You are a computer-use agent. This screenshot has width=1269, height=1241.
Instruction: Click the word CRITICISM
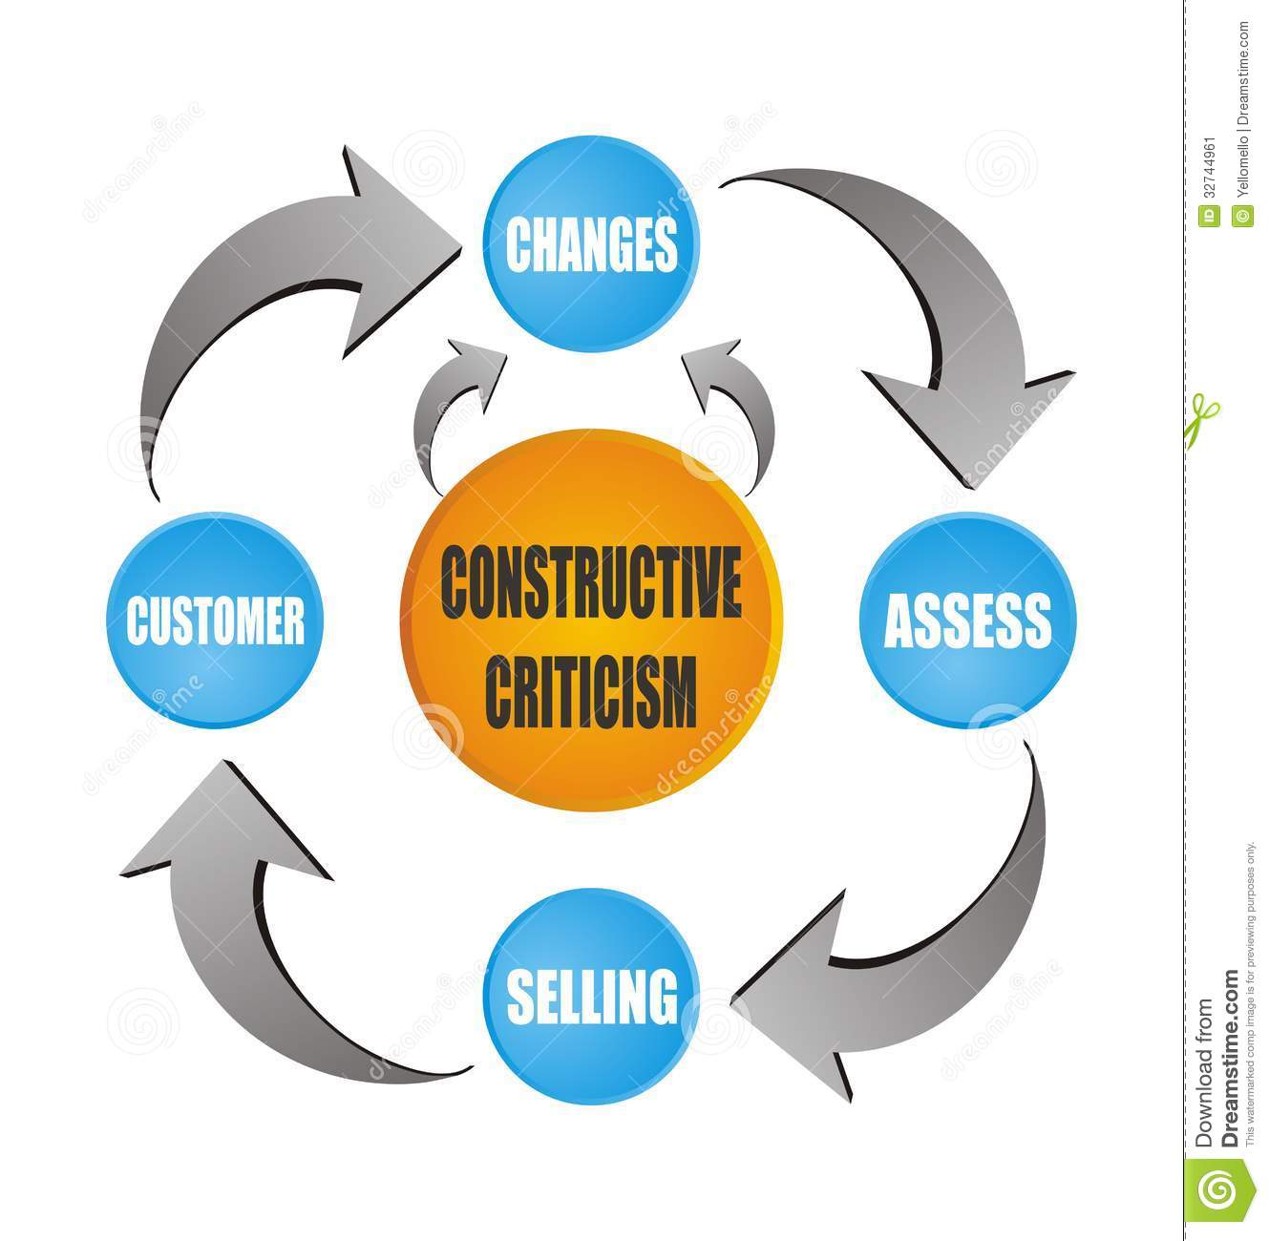[592, 686]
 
